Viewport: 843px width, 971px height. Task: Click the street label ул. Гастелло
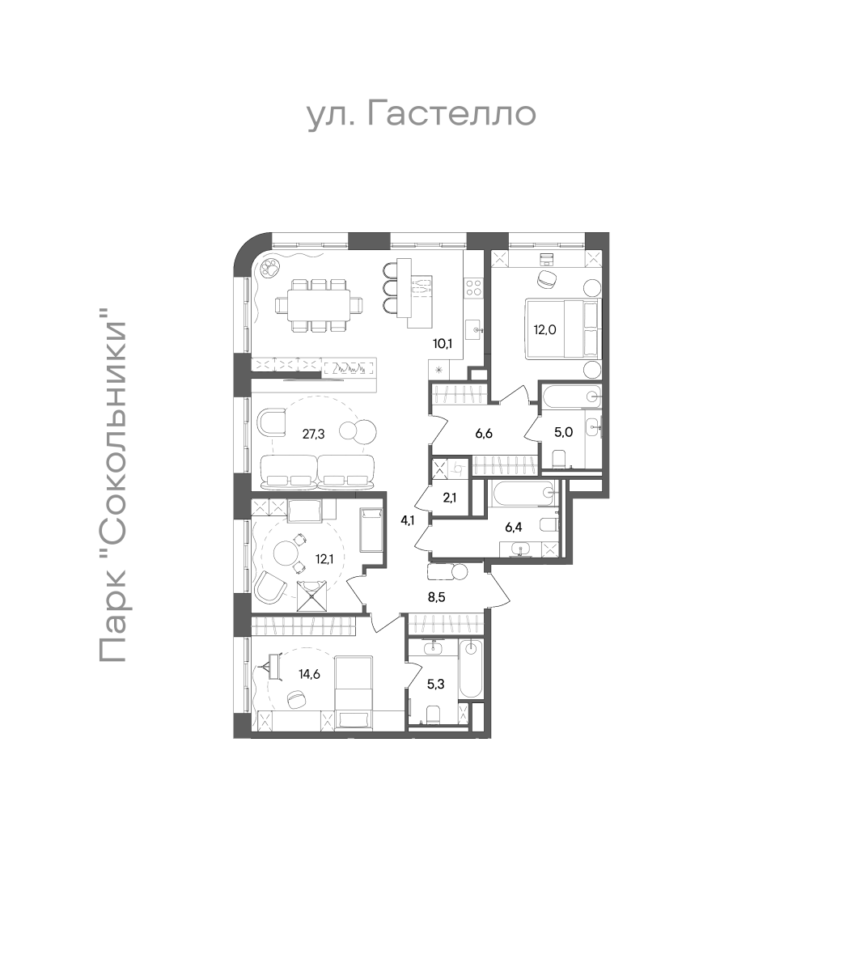click(421, 115)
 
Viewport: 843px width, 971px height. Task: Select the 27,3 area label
click(313, 433)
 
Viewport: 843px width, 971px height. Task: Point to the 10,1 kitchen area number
click(443, 344)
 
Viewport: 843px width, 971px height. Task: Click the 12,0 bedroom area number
click(544, 330)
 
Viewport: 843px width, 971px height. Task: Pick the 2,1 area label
click(449, 498)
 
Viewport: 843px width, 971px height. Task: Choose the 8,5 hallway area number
click(436, 597)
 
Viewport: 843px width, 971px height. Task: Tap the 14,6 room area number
click(309, 674)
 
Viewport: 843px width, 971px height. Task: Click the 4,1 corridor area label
click(407, 520)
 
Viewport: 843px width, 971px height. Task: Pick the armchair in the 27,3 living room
click(271, 423)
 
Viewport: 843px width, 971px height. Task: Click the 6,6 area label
click(483, 434)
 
